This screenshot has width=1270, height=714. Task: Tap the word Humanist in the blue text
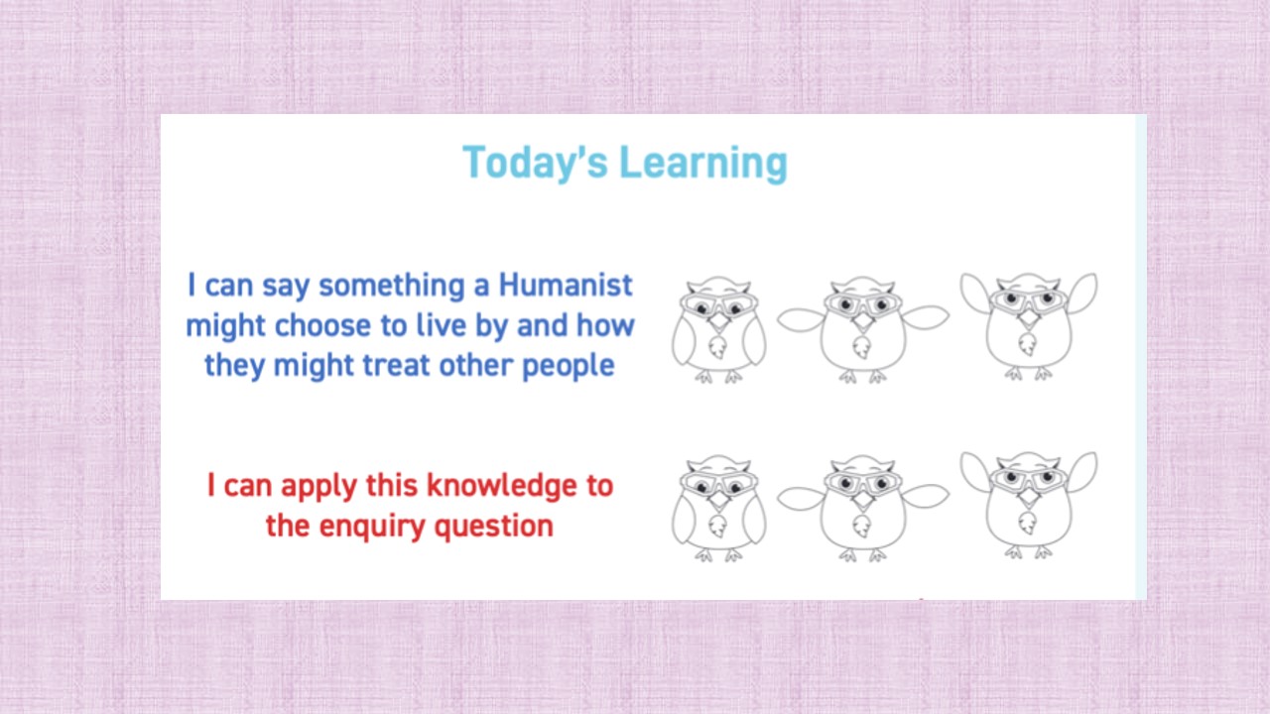click(566, 286)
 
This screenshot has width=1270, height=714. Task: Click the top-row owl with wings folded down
click(718, 329)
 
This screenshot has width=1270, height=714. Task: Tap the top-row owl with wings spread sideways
click(861, 329)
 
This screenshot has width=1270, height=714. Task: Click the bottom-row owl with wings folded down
click(718, 508)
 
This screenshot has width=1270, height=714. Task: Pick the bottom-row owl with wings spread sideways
click(861, 508)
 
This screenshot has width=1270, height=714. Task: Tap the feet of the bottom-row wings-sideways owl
click(861, 555)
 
